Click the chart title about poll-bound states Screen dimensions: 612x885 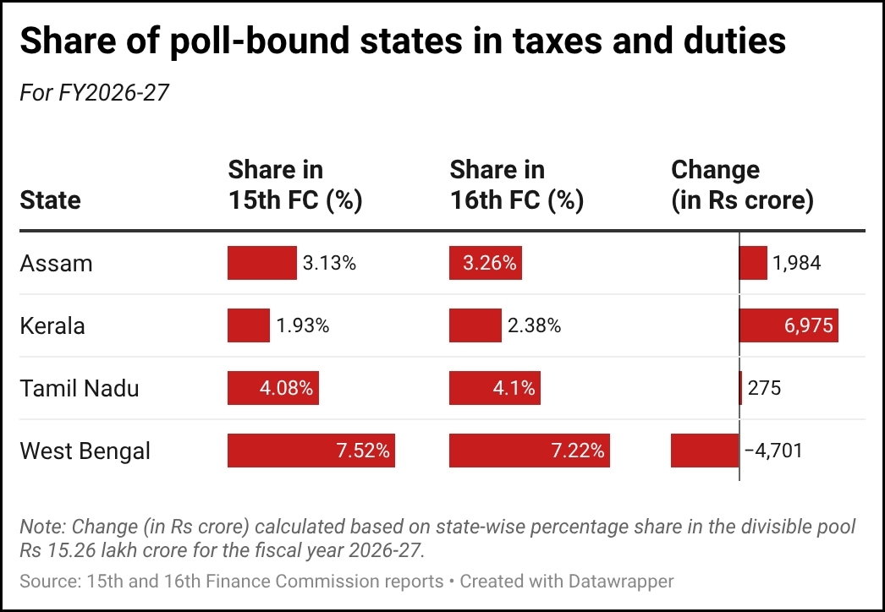403,41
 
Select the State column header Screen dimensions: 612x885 50,200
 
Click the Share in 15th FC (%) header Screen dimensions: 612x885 294,185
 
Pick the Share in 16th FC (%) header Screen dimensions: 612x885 516,185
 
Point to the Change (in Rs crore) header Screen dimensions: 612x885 741,185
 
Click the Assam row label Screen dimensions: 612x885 56,264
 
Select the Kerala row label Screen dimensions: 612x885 52,326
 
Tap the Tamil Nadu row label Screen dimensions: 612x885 79,389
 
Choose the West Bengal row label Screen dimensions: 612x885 85,451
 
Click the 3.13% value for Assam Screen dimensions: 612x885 329,264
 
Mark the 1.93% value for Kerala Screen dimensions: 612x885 302,326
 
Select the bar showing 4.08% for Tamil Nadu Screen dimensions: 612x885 273,389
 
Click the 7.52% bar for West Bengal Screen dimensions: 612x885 311,451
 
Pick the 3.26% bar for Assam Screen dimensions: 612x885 486,264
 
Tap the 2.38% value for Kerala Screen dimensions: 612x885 534,326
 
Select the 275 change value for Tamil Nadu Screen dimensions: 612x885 764,389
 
